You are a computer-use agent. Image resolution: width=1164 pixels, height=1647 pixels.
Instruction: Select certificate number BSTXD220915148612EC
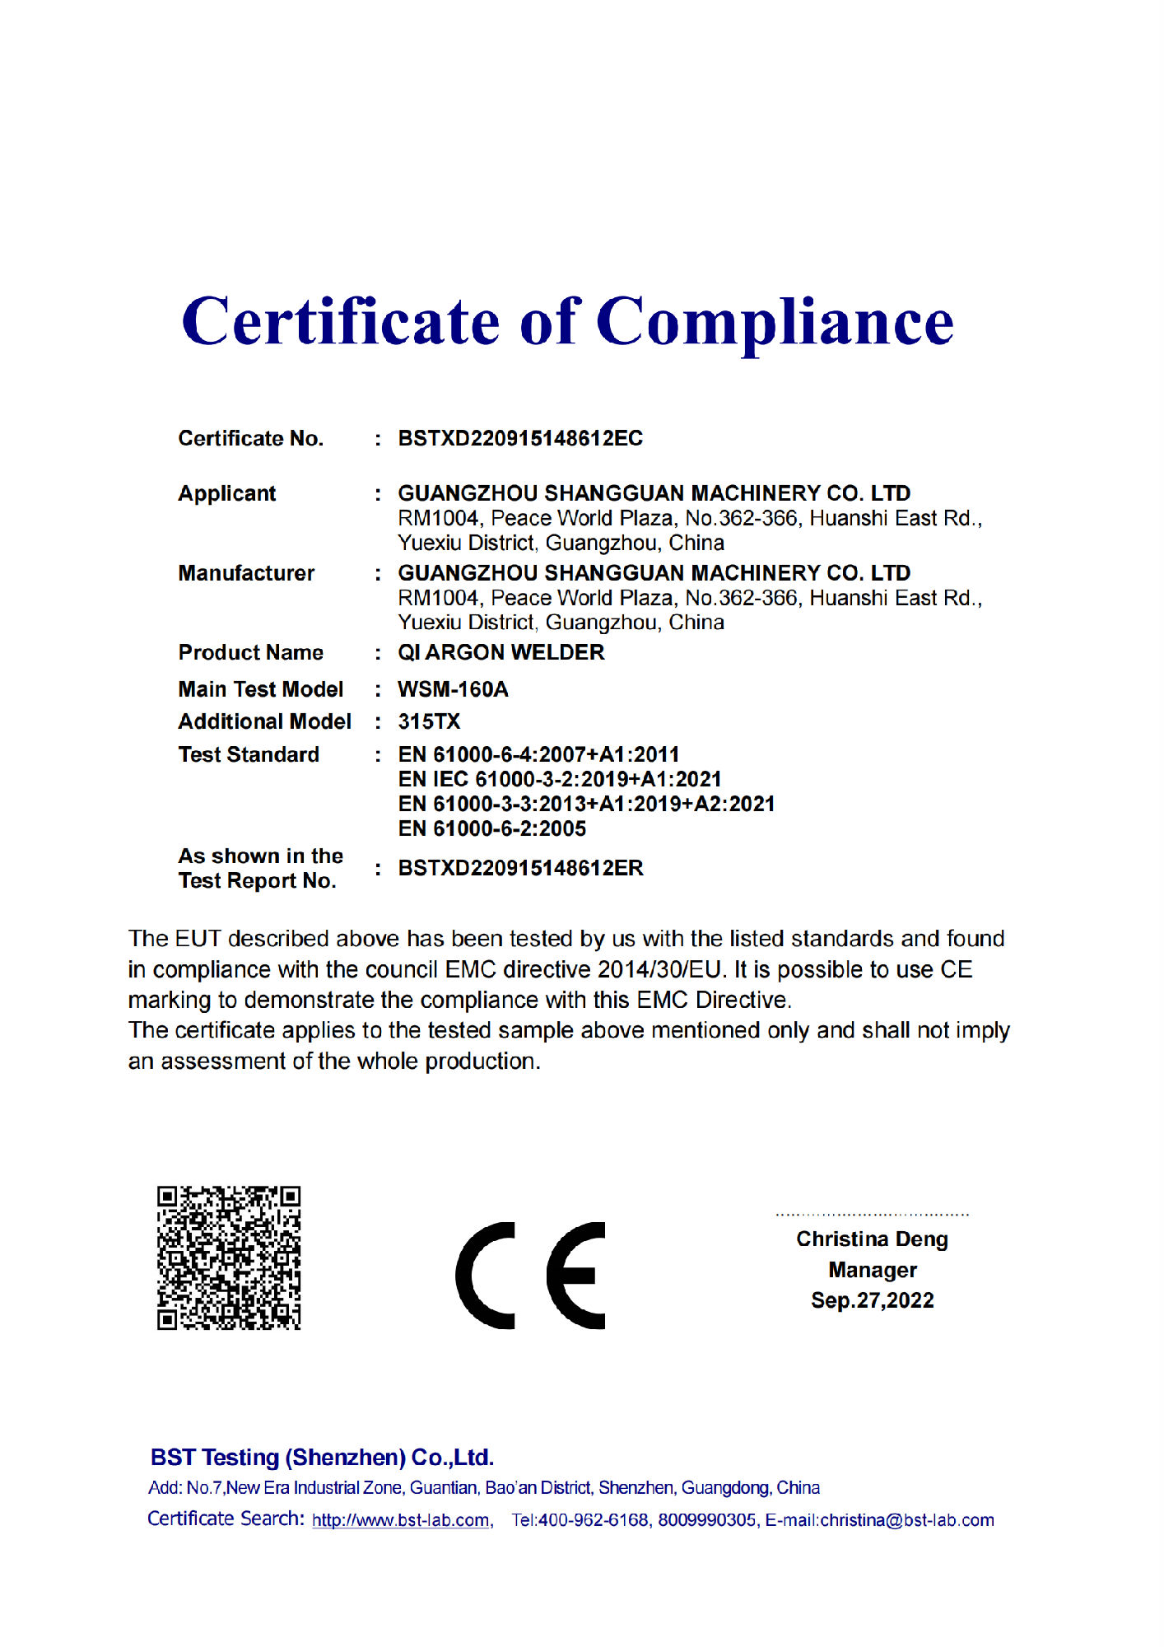(x=520, y=438)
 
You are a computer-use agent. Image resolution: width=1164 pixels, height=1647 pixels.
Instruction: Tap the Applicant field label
(x=227, y=493)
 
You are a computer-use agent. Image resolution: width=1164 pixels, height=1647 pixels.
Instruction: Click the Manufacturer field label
(x=246, y=573)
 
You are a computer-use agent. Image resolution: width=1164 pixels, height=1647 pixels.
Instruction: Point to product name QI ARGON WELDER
(x=501, y=652)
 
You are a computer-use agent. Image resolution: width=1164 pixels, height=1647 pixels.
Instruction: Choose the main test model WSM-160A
(x=453, y=689)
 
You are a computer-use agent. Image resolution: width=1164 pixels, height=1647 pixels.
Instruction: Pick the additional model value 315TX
(x=429, y=721)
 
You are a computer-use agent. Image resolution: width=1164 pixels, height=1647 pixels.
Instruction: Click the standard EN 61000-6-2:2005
(x=491, y=828)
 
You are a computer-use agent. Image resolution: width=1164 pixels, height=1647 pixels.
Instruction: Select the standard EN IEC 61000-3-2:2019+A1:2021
(x=560, y=779)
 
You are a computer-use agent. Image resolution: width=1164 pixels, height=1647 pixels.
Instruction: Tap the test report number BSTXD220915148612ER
(x=520, y=868)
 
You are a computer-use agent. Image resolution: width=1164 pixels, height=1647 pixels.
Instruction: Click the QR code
(x=229, y=1257)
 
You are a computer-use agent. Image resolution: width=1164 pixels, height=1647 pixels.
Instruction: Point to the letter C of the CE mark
(x=486, y=1275)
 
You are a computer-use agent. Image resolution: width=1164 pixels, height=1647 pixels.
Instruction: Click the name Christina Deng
(x=872, y=1239)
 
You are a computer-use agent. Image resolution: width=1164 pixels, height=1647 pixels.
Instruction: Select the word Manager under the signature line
(x=872, y=1270)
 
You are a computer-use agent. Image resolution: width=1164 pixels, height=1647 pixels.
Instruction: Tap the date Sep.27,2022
(x=872, y=1300)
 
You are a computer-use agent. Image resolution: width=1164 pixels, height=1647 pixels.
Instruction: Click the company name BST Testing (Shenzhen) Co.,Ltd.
(x=322, y=1458)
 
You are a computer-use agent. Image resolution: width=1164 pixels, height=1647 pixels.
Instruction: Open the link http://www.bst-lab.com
(x=401, y=1520)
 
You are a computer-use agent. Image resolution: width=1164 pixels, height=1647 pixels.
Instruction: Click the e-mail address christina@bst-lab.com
(x=907, y=1520)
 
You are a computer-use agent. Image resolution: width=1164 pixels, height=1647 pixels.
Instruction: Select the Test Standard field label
(x=249, y=754)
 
